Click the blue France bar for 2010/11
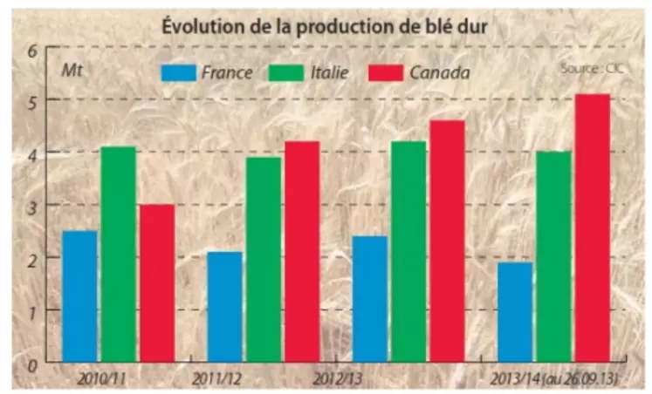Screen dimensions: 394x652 pos(79,296)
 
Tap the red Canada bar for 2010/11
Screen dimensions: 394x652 pos(156,283)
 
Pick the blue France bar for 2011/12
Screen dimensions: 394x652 pos(224,307)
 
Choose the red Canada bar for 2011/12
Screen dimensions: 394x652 pos(302,252)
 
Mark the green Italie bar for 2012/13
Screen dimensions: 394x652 pos(408,252)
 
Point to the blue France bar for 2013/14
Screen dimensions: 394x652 pos(515,312)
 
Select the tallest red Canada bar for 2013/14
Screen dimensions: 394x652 pos(592,228)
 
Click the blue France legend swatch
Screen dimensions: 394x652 pos(178,71)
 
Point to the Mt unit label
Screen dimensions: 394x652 pos(71,69)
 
